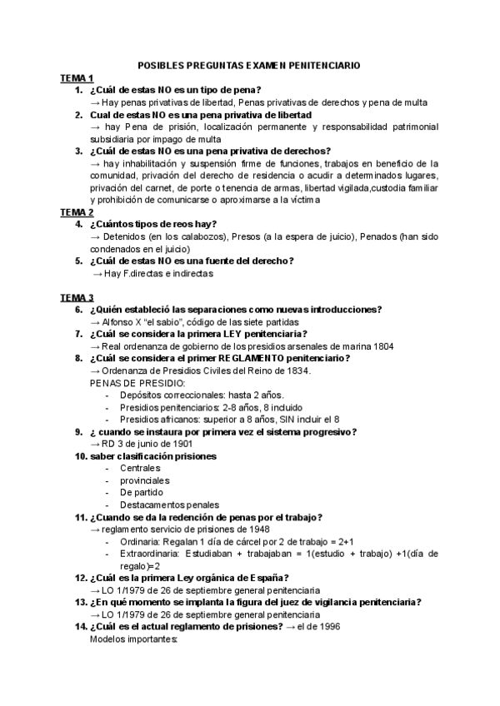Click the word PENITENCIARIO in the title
pyautogui.click(x=319, y=65)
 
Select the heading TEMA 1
pyautogui.click(x=77, y=77)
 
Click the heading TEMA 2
pyautogui.click(x=77, y=211)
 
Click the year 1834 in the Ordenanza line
pyautogui.click(x=298, y=370)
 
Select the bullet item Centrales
pyautogui.click(x=139, y=468)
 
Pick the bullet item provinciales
pyautogui.click(x=144, y=480)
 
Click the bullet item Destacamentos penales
pyautogui.click(x=170, y=505)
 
